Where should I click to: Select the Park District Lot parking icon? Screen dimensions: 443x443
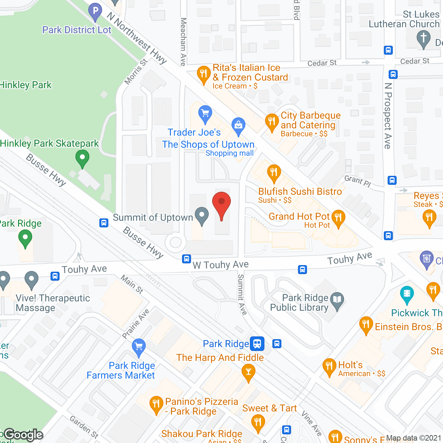coord(95,11)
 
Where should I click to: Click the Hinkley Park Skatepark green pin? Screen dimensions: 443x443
coord(82,160)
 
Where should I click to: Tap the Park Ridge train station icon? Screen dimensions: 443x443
coord(257,344)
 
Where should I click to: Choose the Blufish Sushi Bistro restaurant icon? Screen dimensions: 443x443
coord(274,173)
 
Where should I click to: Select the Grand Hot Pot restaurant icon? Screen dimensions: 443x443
coord(338,218)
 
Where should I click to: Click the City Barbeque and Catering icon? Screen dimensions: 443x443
coord(272,122)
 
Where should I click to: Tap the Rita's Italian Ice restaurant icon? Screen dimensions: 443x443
coord(204,74)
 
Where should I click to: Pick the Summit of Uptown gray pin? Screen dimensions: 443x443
coord(201,215)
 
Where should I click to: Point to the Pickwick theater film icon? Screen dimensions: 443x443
coord(407,294)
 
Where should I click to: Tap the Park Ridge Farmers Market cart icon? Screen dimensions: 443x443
coord(139,347)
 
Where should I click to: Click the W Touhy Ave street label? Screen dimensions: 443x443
coord(221,265)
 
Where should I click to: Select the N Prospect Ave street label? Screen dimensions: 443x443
coord(388,116)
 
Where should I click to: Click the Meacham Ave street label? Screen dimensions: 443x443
coord(183,42)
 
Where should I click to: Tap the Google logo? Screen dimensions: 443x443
coord(24,435)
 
